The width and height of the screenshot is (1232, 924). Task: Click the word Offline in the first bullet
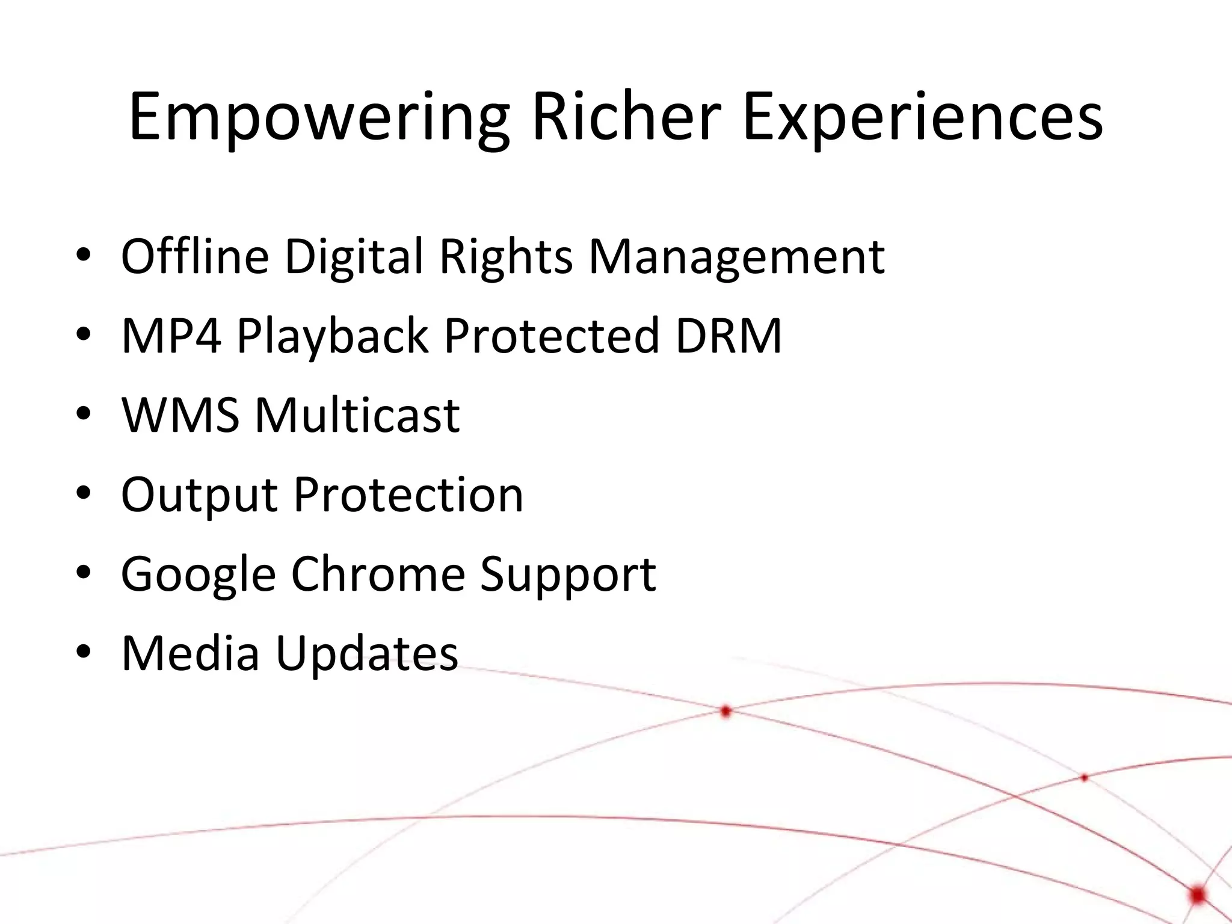194,256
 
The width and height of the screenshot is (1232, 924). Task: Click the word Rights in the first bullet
506,257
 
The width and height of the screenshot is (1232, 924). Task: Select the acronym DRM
728,335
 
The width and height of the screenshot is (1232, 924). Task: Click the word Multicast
357,414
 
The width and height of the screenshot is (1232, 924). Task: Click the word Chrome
378,573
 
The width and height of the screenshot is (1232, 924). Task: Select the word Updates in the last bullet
367,654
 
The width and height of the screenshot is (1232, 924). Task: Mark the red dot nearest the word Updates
725,712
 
